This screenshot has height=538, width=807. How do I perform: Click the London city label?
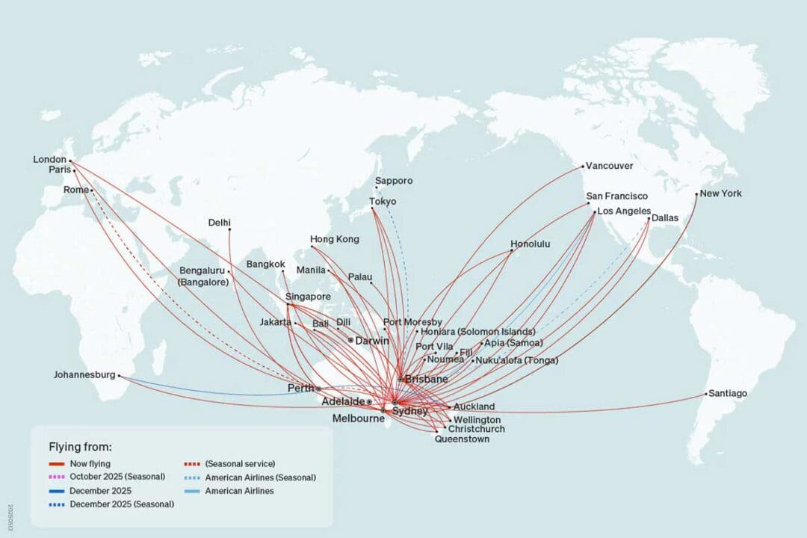(x=50, y=159)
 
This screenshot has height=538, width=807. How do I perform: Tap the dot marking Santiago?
(x=706, y=394)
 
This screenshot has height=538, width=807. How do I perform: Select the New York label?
(x=721, y=194)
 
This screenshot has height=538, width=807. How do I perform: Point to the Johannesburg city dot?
(x=120, y=376)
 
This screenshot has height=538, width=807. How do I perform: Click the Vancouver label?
(x=609, y=166)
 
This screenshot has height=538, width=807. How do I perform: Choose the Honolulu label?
(x=531, y=244)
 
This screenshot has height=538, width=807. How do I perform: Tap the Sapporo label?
(x=394, y=181)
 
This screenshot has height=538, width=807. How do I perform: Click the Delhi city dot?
(x=229, y=229)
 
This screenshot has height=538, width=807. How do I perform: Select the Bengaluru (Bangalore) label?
(x=204, y=276)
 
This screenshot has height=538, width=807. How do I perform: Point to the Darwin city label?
(x=372, y=341)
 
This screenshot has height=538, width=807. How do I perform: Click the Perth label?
(x=300, y=389)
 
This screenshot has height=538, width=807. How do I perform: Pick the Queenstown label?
(x=463, y=439)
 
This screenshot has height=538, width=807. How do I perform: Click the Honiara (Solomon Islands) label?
(x=478, y=331)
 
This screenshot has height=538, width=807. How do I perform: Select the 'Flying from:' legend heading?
(x=80, y=447)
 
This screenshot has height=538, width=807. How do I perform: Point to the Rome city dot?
(x=92, y=191)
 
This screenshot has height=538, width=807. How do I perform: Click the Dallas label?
(x=665, y=218)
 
